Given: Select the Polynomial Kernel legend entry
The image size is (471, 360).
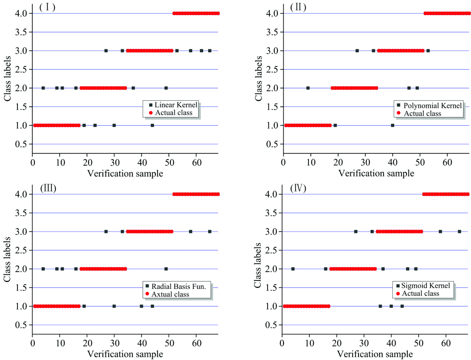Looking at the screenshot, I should [x=429, y=106].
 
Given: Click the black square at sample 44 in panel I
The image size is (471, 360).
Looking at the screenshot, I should [x=152, y=125].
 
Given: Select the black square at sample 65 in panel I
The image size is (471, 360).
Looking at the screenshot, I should [x=210, y=50].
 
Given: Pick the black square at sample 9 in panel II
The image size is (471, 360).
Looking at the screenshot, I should [x=308, y=88].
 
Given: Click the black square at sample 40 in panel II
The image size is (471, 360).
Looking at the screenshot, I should [x=392, y=125].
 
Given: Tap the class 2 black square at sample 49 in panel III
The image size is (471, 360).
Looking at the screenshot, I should [x=166, y=269].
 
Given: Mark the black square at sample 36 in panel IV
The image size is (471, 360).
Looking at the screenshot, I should [x=380, y=306].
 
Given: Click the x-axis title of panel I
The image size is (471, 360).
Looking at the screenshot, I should [x=125, y=173].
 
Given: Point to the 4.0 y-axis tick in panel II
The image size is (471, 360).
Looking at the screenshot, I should [x=271, y=13].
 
